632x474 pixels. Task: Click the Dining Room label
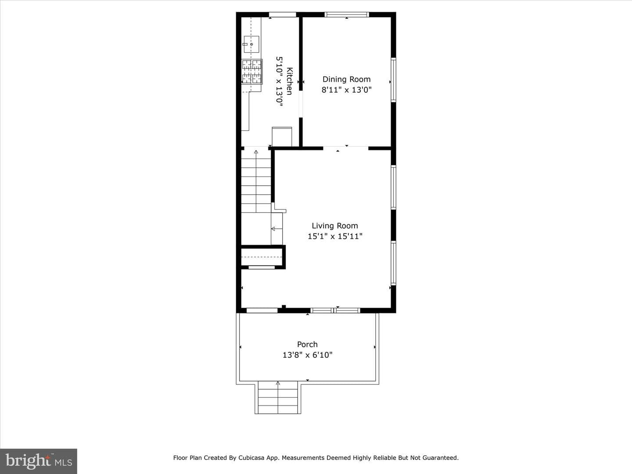[x=346, y=79]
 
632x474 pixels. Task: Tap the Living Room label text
[x=335, y=226]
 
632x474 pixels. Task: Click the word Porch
[x=307, y=344]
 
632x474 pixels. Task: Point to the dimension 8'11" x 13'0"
[x=346, y=90]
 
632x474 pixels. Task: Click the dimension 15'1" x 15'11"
[x=335, y=236]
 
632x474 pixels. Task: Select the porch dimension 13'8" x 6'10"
[x=307, y=355]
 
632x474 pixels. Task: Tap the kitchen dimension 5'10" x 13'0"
[x=279, y=82]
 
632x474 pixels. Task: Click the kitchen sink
[x=251, y=44]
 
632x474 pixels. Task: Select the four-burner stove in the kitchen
[x=252, y=72]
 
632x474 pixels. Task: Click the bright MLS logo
[x=39, y=461]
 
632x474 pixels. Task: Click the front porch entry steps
[x=278, y=398]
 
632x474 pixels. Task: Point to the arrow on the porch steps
[x=278, y=397]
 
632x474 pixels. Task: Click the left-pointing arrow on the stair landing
[x=276, y=229]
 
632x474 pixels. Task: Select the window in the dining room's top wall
[x=347, y=14]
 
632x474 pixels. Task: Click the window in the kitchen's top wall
[x=283, y=14]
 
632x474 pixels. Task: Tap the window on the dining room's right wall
[x=393, y=80]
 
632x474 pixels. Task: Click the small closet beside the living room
[x=262, y=257]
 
